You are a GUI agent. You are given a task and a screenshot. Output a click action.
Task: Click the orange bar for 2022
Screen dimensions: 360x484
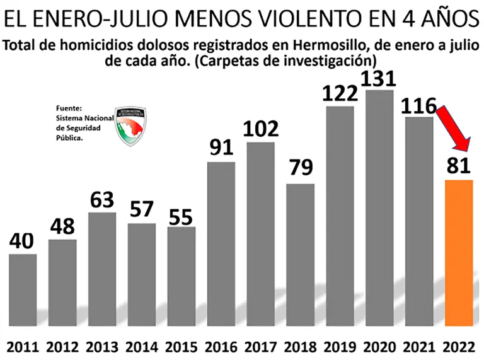pyautogui.click(x=458, y=252)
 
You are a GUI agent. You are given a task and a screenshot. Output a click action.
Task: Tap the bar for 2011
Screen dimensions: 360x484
pyautogui.click(x=22, y=290)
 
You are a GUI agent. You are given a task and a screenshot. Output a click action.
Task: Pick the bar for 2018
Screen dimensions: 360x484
pyautogui.click(x=300, y=255)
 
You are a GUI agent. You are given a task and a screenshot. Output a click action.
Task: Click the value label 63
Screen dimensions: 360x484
pyautogui.click(x=101, y=200)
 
